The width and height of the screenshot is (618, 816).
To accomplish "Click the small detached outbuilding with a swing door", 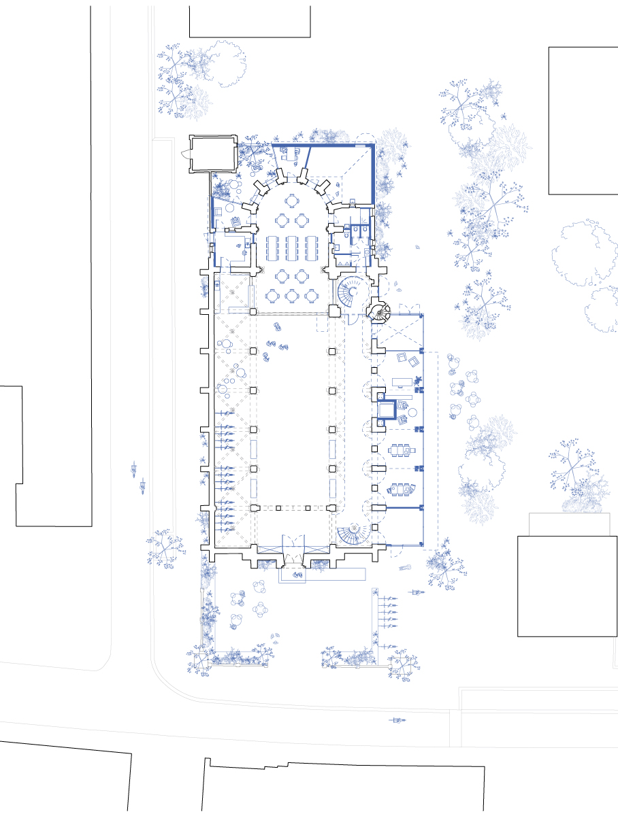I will (x=212, y=154).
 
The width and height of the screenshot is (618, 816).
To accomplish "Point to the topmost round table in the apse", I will (x=293, y=201).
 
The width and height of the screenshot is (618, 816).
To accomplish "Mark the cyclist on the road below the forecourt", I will (x=396, y=720).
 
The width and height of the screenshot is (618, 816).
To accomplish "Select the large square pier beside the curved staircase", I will (x=334, y=311).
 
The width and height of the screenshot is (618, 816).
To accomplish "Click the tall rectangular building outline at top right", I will (x=583, y=120).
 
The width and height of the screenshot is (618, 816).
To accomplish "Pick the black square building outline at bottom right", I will (x=567, y=586).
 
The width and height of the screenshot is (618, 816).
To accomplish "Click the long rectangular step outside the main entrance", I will (x=322, y=574).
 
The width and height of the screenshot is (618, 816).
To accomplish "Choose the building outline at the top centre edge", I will (x=250, y=18).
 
